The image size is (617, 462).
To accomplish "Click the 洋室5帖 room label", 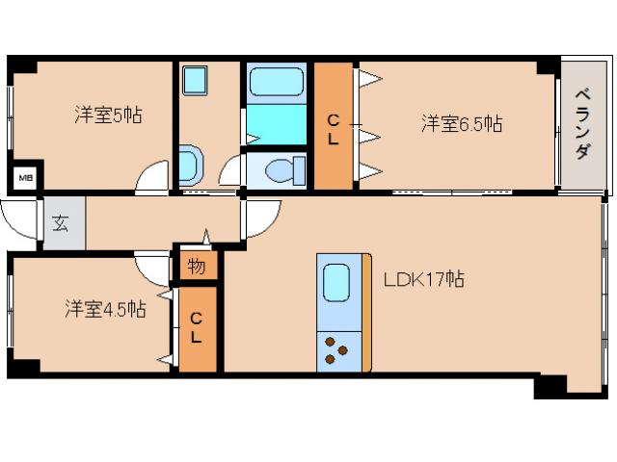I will [108, 115].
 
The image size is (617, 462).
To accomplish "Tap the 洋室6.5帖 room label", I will [461, 123].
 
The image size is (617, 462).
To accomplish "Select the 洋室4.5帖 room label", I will [105, 309].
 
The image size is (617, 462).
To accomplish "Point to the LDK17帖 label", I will [424, 280].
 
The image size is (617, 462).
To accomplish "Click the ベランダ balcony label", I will [582, 125].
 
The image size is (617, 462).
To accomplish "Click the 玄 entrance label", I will [61, 224].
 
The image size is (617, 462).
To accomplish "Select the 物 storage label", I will [196, 267].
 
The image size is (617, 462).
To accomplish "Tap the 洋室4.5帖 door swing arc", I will [152, 267].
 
